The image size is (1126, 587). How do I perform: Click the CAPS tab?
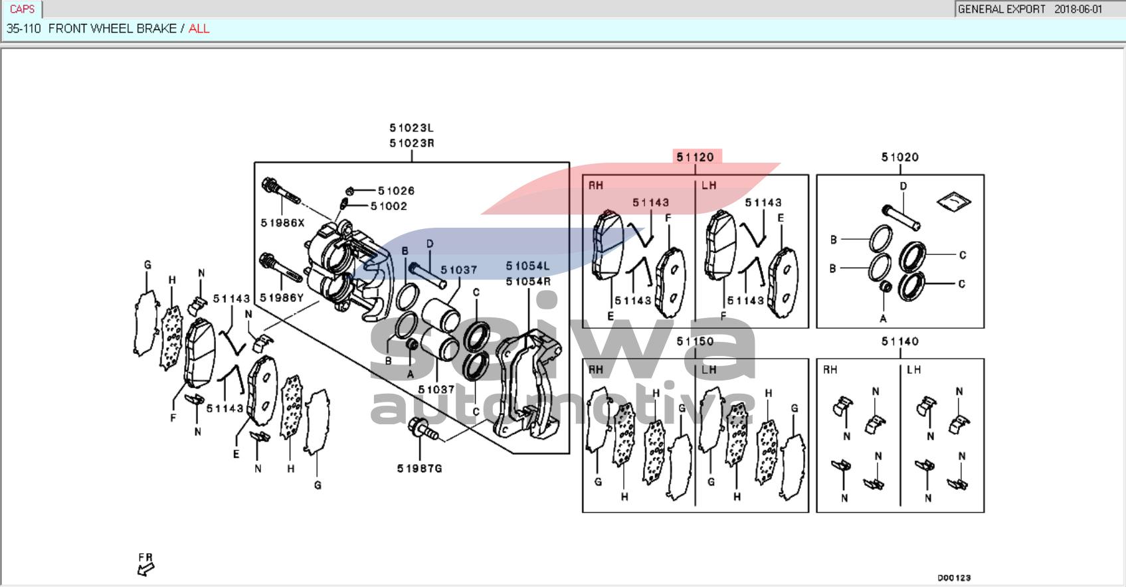coord(22,9)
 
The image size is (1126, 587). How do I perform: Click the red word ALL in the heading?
coord(199,29)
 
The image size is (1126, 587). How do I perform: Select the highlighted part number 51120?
coord(695,157)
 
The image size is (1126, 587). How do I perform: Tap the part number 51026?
coord(396,191)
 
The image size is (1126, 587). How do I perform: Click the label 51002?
coord(389,207)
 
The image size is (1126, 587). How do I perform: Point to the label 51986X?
coord(282,223)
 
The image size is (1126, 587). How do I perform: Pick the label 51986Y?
coord(282,298)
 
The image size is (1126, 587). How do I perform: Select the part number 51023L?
coord(411,128)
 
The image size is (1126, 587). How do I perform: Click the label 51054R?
coord(528,282)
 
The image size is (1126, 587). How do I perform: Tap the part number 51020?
coord(899,157)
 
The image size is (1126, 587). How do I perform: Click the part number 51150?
coord(695,341)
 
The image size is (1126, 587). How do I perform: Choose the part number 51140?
coord(899,341)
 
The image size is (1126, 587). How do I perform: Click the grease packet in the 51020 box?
coord(954,201)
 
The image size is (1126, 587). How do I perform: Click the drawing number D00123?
coord(954,578)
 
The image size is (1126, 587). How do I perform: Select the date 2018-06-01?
coord(1078,9)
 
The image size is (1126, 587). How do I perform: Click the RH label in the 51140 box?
coord(830,370)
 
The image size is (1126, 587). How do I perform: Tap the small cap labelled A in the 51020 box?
coord(884,287)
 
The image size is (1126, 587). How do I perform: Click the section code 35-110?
coord(23,29)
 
